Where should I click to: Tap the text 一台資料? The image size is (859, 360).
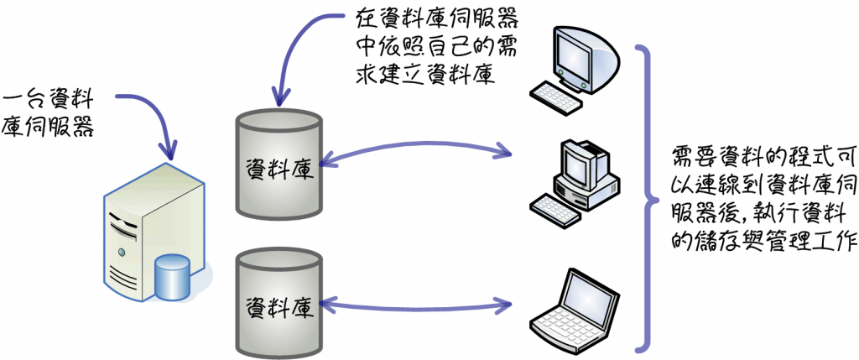(48, 100)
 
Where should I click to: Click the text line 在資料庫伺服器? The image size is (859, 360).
(437, 18)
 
